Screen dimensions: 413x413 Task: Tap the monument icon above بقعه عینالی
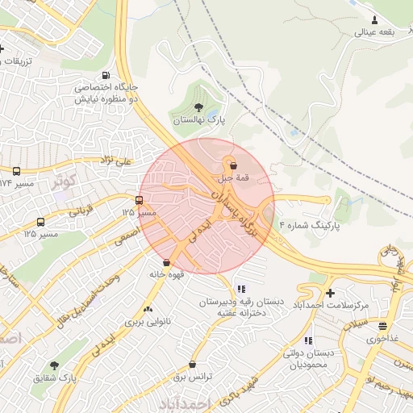(x=374, y=20)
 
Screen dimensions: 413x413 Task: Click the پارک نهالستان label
(x=199, y=119)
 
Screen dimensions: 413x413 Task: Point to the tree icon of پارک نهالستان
(x=198, y=106)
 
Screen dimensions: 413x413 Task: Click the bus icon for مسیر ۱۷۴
(x=16, y=172)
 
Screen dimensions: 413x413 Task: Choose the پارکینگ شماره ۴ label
(x=309, y=227)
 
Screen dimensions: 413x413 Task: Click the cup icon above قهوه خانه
(x=167, y=262)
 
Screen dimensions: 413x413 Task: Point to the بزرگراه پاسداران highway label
(x=234, y=212)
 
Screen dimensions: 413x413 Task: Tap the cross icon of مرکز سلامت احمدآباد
(x=330, y=292)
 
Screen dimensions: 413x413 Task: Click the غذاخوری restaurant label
(x=384, y=339)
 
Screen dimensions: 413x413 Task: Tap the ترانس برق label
(x=193, y=377)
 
